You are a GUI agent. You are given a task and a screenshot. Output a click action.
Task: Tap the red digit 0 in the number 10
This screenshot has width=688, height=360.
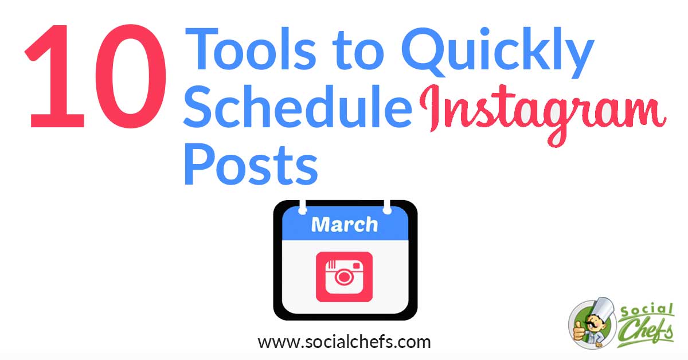pos(131,76)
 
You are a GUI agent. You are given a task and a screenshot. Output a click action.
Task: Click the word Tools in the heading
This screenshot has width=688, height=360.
pos(251,49)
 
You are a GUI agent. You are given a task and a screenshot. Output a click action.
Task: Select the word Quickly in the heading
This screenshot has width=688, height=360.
pos(497,53)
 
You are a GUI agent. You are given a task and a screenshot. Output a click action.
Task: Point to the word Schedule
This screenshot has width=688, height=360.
pos(298,106)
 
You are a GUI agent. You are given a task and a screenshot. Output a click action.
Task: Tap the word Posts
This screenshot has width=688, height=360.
pos(251,164)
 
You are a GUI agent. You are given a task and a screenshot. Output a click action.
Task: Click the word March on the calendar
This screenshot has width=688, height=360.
pos(345,225)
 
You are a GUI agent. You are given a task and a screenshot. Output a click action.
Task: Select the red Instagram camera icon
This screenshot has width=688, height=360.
pos(345,277)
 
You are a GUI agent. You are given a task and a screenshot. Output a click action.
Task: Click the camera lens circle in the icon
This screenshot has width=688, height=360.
pos(344,277)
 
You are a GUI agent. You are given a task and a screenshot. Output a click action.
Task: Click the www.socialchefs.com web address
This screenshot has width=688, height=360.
pos(345,342)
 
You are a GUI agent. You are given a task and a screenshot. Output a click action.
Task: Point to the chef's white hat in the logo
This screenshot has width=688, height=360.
pos(603,308)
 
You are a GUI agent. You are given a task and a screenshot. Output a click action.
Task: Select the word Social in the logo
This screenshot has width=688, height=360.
pos(647,310)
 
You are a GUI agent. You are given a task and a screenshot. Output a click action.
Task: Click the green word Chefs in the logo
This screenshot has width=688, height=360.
pos(645,332)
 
